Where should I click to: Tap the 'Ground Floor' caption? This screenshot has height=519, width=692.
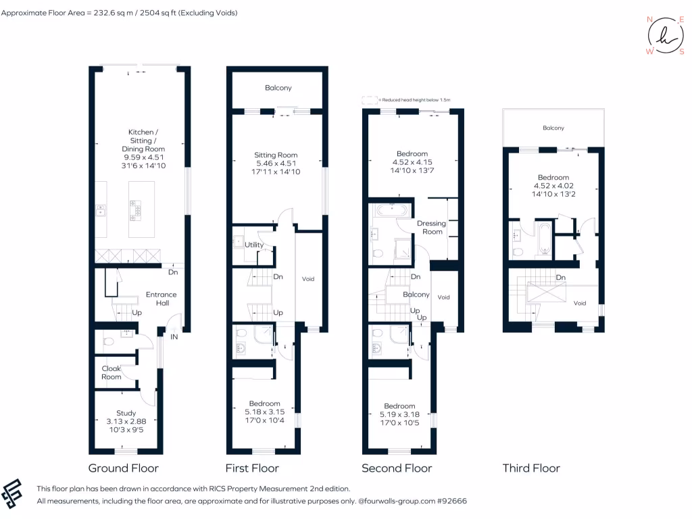124,468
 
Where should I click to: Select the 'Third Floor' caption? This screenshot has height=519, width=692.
531,468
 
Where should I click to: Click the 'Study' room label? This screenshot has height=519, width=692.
126,413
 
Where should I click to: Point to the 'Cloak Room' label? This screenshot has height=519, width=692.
112,372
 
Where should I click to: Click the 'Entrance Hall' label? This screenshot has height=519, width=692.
162,299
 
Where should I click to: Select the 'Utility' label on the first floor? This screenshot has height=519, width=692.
254,245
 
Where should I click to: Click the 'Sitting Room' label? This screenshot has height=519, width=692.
276,155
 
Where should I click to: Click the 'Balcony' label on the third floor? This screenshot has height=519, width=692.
553,128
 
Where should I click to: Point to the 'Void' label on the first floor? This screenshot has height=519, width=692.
308,278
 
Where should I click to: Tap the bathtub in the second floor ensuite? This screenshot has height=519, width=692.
389,209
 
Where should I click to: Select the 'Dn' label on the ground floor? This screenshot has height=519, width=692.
173,272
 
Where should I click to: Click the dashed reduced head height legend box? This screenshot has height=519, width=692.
369,99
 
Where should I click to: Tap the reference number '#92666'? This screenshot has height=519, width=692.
451,501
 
